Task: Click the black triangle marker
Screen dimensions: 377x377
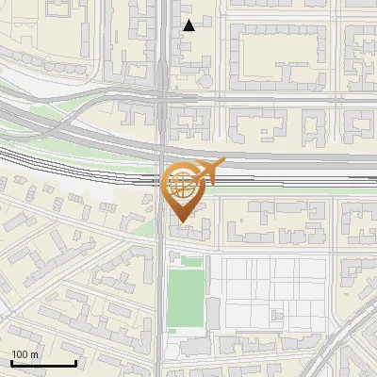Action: (x=189, y=25)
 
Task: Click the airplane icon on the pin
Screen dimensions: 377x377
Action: (x=209, y=172)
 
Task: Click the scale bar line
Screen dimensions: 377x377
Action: (x=43, y=363)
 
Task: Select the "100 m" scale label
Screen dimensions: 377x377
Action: (x=25, y=354)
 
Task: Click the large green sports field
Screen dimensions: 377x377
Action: (x=185, y=301)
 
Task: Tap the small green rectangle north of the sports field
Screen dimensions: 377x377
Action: (x=192, y=261)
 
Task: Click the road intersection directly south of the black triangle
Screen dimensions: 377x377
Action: (x=163, y=94)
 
